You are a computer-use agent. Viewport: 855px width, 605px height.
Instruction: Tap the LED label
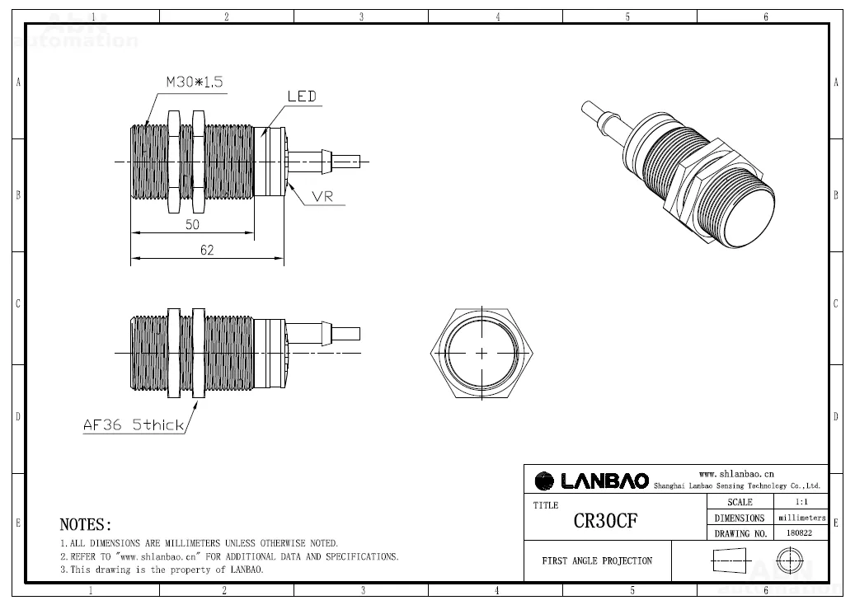tap(302, 96)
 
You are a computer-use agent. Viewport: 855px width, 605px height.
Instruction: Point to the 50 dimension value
tap(192, 224)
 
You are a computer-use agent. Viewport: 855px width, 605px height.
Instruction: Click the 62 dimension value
tap(206, 251)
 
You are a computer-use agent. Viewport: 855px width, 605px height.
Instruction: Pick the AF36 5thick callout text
tap(133, 425)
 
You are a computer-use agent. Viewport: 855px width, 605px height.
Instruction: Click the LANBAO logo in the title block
tap(592, 481)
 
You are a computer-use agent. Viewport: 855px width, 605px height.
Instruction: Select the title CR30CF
tap(605, 522)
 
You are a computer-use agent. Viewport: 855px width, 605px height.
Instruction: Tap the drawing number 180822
tap(800, 533)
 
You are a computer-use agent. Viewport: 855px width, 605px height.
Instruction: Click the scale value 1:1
tap(800, 502)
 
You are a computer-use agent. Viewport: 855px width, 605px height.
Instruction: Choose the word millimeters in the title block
tap(801, 518)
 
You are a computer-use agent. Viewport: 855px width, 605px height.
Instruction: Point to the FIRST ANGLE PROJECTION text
tap(597, 560)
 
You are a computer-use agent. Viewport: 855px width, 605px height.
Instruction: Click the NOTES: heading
tap(86, 524)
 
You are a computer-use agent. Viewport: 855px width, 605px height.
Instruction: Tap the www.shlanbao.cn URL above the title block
tap(736, 474)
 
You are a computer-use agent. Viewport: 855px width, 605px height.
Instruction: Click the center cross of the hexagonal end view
tap(482, 353)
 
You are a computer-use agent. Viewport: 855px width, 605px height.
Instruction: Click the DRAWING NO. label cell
tap(740, 533)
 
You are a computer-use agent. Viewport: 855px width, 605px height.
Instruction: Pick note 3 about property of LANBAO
tap(162, 570)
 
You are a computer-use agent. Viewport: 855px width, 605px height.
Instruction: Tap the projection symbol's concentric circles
tap(789, 561)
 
